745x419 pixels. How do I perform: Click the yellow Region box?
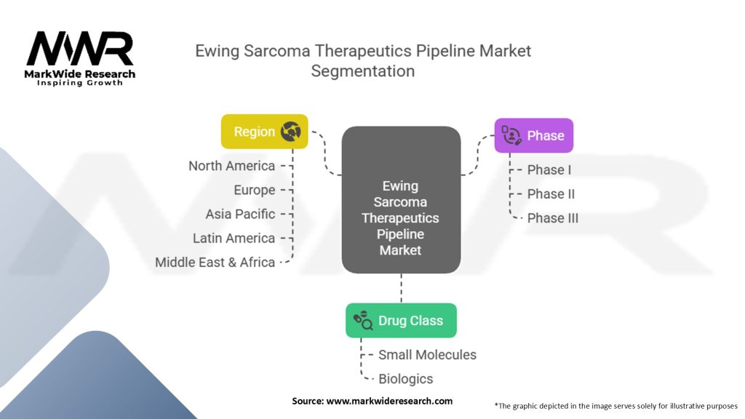tap(264, 132)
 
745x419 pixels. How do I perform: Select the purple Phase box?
tap(533, 135)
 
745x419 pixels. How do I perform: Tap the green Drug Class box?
tap(401, 320)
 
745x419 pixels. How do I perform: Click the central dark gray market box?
tap(401, 200)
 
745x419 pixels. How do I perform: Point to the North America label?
tap(231, 166)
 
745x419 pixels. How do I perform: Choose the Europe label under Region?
tap(254, 190)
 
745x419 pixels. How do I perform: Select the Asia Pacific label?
tap(240, 214)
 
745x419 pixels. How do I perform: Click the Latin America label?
tap(234, 238)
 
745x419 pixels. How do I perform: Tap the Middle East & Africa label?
tap(215, 263)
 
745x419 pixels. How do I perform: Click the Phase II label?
tap(551, 193)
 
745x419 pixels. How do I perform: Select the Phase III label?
tap(553, 218)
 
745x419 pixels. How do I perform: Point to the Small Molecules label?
tap(427, 355)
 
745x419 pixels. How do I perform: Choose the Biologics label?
tap(405, 379)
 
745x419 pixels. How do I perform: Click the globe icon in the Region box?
tap(291, 132)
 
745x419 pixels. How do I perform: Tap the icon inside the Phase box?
tap(511, 135)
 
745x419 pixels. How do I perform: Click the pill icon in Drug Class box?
tap(363, 320)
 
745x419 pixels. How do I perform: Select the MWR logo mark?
tap(80, 50)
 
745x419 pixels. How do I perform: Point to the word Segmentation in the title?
tap(363, 71)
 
